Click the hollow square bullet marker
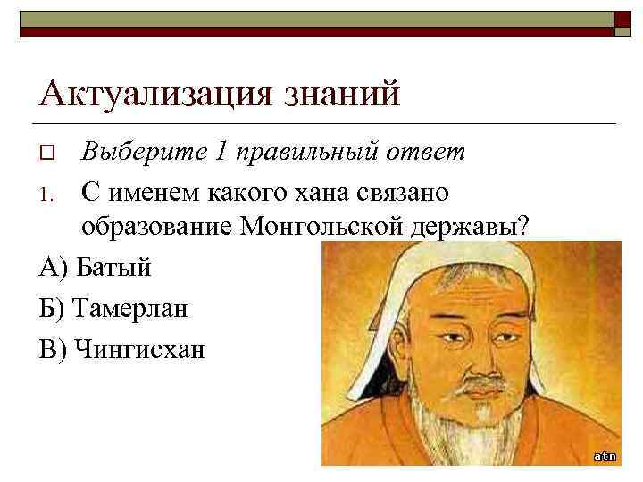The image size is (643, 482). point(47,153)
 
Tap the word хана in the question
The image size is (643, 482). point(331,191)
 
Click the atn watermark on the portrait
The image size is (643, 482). point(605,455)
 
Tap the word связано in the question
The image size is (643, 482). point(409,191)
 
